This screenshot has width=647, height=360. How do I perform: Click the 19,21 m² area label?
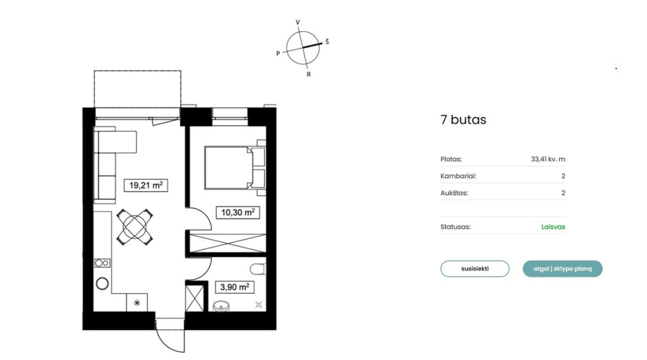(x=146, y=185)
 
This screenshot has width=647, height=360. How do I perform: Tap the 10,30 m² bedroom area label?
(x=238, y=212)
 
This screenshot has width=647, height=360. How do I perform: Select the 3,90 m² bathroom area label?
(x=234, y=287)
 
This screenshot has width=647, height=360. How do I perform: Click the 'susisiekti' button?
(x=475, y=269)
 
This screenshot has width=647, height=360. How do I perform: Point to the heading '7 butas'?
(x=463, y=119)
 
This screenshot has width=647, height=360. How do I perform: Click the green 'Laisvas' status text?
(x=553, y=227)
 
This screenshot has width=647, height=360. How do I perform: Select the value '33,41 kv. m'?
(x=548, y=159)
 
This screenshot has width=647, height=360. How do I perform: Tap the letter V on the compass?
(x=298, y=22)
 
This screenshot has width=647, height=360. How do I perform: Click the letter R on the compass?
(x=308, y=75)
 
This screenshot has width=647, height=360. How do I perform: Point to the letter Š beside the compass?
(x=327, y=42)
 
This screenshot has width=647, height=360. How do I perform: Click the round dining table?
(x=135, y=226)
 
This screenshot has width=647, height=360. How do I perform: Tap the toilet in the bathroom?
(x=258, y=269)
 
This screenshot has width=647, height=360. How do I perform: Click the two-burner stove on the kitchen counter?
(x=102, y=263)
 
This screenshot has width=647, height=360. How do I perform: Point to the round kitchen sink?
(x=102, y=284)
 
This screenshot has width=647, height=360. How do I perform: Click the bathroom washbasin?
(x=221, y=306)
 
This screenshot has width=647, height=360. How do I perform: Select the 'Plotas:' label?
(x=451, y=159)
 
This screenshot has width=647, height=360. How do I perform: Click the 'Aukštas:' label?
(x=454, y=193)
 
